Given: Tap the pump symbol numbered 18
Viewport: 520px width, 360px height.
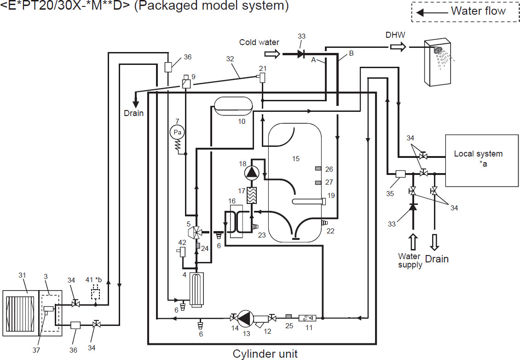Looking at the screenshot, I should coord(252,172).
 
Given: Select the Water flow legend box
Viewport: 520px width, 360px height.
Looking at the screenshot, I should coord(465,12).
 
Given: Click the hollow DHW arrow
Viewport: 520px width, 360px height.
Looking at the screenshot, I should coord(398,46).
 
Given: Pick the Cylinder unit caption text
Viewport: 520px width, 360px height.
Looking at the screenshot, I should coord(265,354).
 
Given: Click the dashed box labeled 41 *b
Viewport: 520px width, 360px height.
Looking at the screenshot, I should coord(96,292).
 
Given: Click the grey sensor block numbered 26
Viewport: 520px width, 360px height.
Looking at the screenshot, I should coord(318,169).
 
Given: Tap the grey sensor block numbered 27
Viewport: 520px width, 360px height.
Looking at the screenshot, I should coord(318,183).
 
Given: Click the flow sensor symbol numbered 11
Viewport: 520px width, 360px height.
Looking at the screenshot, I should coord(305,318).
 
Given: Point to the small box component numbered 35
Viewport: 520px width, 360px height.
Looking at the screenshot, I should coord(400,174).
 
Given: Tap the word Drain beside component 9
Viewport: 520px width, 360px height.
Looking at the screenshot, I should coord(134,113).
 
